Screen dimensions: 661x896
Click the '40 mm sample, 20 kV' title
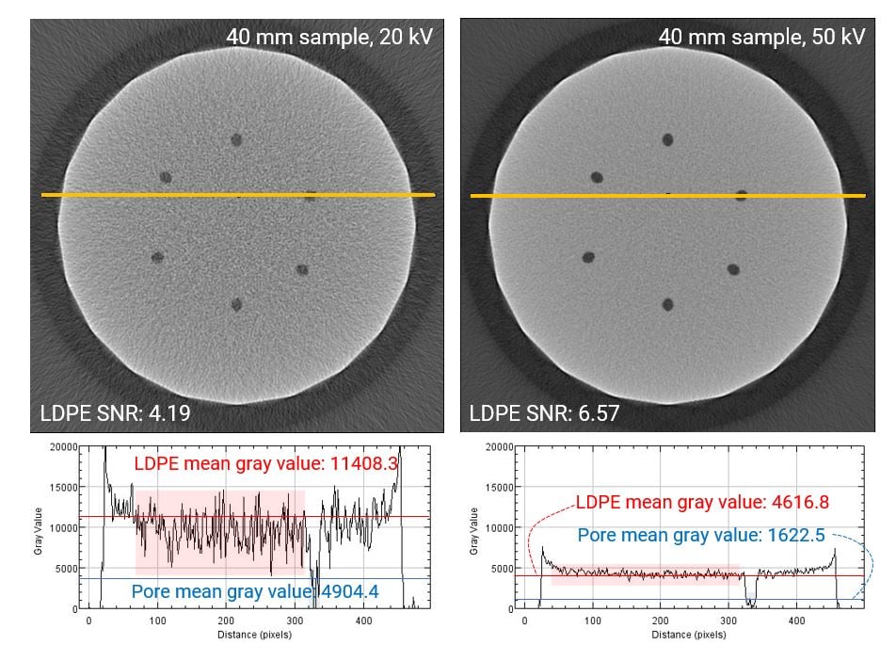329,37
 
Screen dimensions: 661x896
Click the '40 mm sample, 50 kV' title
761,37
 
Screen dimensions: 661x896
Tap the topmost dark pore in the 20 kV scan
236,140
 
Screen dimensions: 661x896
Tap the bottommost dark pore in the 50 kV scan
667,304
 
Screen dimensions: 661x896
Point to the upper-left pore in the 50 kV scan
597,177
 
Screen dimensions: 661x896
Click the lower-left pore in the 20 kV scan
157,257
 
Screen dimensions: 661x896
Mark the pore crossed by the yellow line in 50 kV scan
742,195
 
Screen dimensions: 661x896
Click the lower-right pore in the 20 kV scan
302,269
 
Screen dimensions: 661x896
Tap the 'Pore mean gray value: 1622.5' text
701,535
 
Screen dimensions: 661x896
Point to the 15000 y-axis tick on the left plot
63,487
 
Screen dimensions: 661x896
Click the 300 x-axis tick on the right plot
728,621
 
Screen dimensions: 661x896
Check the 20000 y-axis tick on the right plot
496,447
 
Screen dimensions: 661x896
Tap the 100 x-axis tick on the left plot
157,621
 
